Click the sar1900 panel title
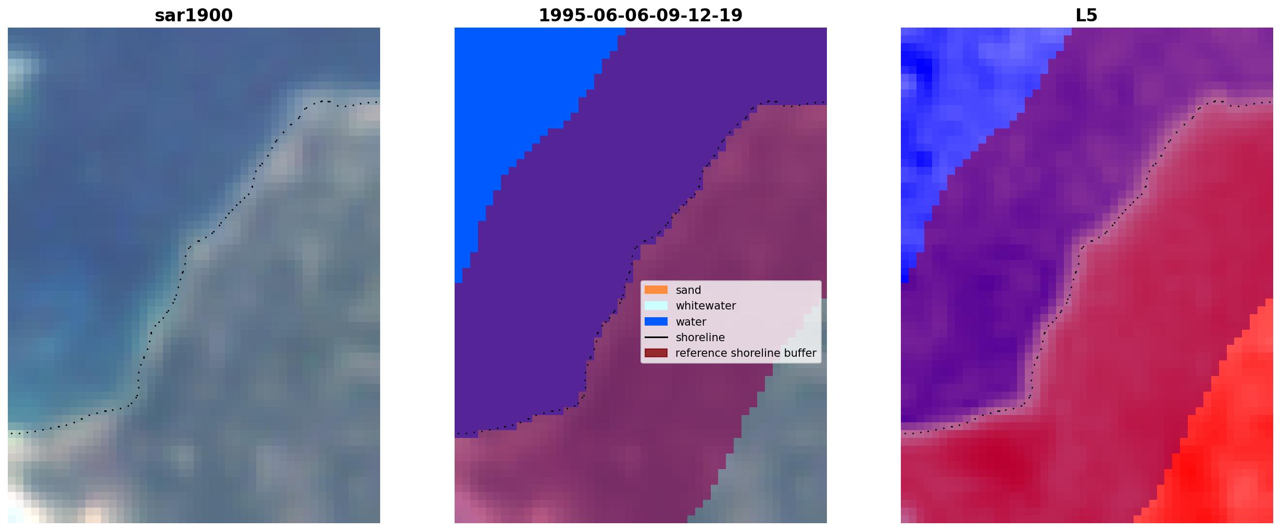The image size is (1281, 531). point(194,15)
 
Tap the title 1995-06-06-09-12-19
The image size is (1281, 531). point(640,15)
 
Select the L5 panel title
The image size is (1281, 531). point(1086,15)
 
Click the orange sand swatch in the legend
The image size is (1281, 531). point(656,290)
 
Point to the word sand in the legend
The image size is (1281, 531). point(688,290)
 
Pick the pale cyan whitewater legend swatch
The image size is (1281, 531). point(656,305)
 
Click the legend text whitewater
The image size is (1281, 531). point(706,306)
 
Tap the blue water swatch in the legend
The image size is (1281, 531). point(656,321)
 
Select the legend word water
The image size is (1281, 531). point(691,322)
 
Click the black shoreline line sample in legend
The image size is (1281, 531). point(656,337)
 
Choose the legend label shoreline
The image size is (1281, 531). point(700,338)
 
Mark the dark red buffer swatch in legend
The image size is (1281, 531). point(656,353)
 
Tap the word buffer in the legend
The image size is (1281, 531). point(801,353)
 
